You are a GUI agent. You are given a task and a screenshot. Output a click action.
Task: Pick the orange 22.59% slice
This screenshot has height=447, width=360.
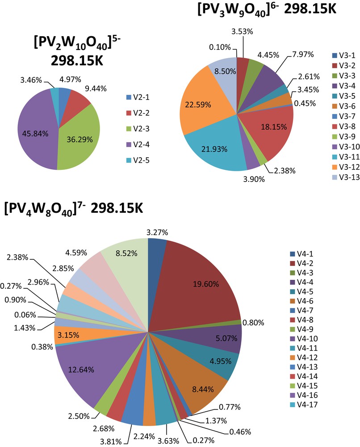pyautogui.click(x=203, y=105)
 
